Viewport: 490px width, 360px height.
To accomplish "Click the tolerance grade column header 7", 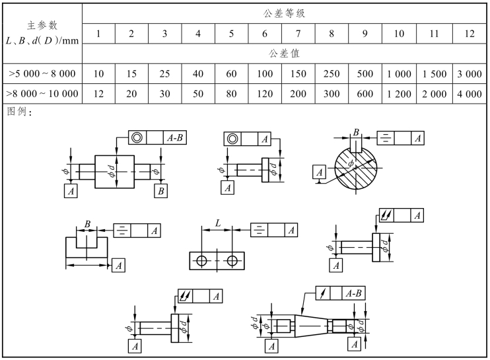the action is pyautogui.click(x=298, y=33).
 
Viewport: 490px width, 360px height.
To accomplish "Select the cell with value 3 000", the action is pyautogui.click(x=469, y=75).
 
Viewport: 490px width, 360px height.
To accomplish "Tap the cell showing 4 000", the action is pyautogui.click(x=469, y=94).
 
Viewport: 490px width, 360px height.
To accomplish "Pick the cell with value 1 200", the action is pyautogui.click(x=399, y=94).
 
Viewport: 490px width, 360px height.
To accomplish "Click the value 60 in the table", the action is pyautogui.click(x=231, y=75).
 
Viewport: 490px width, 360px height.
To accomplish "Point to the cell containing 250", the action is pyautogui.click(x=331, y=75).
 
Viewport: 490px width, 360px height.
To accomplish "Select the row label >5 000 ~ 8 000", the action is pyautogui.click(x=42, y=75).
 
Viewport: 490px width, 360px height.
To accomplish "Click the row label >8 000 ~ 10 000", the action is pyautogui.click(x=42, y=94).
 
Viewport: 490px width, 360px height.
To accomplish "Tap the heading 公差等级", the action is pyautogui.click(x=285, y=13).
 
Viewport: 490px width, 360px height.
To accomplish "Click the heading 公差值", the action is pyautogui.click(x=285, y=52).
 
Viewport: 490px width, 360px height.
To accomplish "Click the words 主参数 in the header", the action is pyautogui.click(x=42, y=26).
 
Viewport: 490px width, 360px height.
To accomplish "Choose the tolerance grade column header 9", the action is pyautogui.click(x=365, y=33).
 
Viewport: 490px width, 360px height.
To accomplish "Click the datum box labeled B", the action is pyautogui.click(x=160, y=191).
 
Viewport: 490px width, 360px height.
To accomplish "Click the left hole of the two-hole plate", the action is pyautogui.click(x=202, y=261).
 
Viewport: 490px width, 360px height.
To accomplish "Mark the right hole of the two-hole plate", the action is pyautogui.click(x=232, y=261).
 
